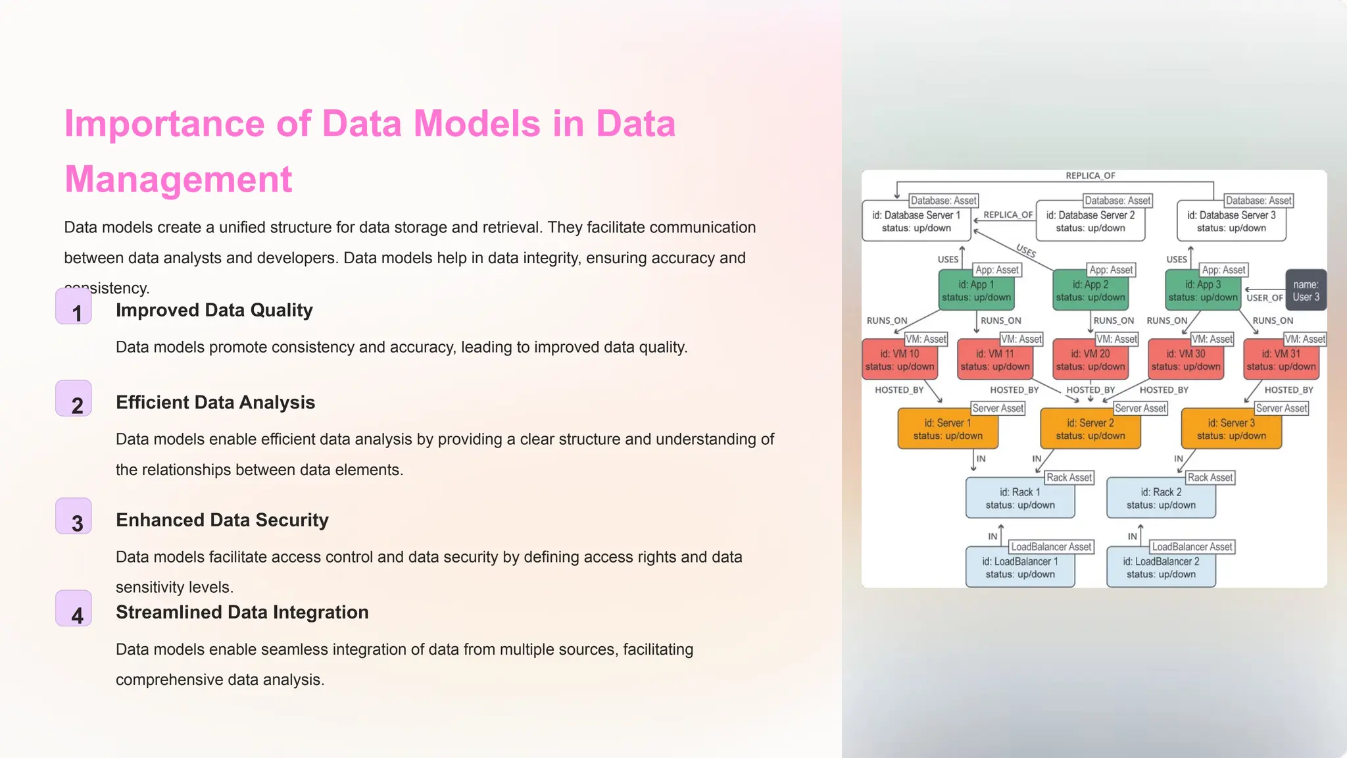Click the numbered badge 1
(x=74, y=307)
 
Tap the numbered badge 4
(x=74, y=609)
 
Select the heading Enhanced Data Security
(x=222, y=520)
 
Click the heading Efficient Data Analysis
(x=215, y=402)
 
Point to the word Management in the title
(x=178, y=179)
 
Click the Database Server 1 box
(x=916, y=222)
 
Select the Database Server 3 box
(x=1231, y=222)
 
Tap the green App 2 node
(x=1090, y=291)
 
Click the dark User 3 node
(x=1306, y=290)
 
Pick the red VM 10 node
(x=900, y=360)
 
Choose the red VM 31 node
(x=1281, y=360)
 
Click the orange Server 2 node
(x=1090, y=429)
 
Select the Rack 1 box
(x=1020, y=499)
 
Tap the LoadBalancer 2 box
(x=1161, y=568)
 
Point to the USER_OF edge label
(x=1265, y=298)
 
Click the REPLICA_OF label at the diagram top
(x=1090, y=176)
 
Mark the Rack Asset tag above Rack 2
(x=1210, y=478)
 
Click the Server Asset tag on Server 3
(x=1281, y=409)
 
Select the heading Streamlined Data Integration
(x=242, y=612)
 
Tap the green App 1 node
(x=976, y=291)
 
